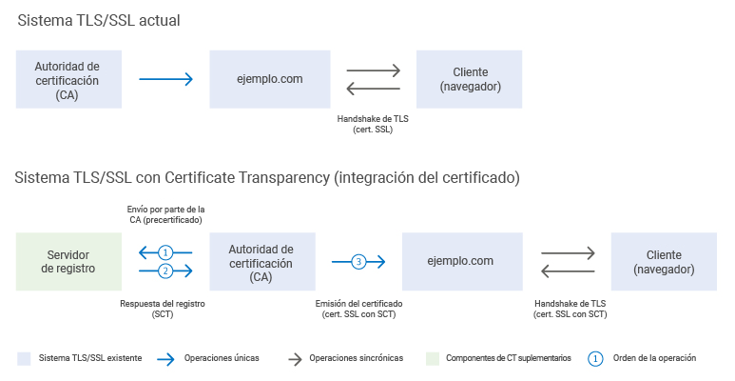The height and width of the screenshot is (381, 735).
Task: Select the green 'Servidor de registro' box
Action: tap(68, 261)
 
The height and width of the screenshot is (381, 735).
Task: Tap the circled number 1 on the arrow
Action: tap(165, 252)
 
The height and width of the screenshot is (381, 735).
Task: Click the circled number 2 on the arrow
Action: tap(165, 271)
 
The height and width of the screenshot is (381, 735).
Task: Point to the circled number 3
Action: tap(358, 261)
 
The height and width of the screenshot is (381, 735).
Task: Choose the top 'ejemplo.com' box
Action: tap(270, 79)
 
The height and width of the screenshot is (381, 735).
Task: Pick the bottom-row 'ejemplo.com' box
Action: tap(462, 261)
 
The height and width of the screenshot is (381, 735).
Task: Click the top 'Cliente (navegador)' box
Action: tap(470, 79)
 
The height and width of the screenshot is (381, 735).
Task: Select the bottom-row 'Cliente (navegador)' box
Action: tap(664, 261)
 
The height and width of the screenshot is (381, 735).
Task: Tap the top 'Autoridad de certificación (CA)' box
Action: tap(67, 79)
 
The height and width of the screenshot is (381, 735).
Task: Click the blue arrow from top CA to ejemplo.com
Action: tap(165, 79)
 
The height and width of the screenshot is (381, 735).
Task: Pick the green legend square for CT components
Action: tap(433, 358)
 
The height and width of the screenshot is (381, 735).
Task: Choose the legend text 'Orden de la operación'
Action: tap(655, 358)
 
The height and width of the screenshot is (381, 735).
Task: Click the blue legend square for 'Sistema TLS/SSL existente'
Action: tap(24, 358)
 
